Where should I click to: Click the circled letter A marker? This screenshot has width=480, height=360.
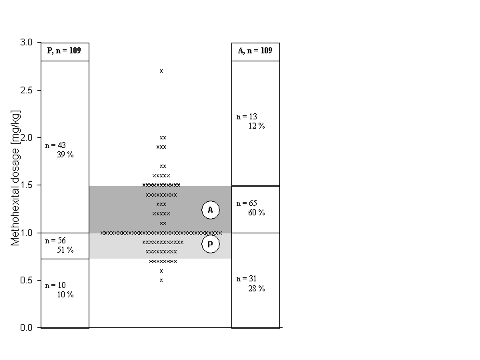coord(211,210)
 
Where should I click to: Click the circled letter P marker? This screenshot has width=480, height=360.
coord(211,244)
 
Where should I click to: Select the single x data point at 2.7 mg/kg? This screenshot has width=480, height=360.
coord(161,71)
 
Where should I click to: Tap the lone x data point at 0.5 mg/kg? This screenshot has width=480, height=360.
coord(161,280)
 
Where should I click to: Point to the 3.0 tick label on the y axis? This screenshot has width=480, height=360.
coord(26,42)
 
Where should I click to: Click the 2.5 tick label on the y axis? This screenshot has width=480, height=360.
coord(26,90)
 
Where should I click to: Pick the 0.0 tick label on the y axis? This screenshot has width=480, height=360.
coord(26,327)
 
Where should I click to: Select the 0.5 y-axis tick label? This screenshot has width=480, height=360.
coord(26,280)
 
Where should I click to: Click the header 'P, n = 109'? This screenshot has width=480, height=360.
coord(64,51)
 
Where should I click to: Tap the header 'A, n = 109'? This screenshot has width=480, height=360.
coord(255,51)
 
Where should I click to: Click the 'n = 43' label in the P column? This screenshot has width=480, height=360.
coord(55,145)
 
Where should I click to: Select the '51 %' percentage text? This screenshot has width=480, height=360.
coord(65,250)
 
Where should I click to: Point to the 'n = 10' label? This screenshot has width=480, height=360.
coord(55,285)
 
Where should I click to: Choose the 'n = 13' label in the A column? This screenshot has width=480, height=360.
coord(247,117)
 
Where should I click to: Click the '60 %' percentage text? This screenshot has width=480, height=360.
coord(257,213)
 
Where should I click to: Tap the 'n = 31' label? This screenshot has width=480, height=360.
coord(247,279)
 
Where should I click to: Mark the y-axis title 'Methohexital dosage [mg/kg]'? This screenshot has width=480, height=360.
coord(15,178)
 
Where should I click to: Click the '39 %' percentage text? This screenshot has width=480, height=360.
coord(65,155)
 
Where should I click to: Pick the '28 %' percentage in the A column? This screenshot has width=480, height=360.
coord(257,289)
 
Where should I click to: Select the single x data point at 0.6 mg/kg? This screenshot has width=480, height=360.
coord(161,271)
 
